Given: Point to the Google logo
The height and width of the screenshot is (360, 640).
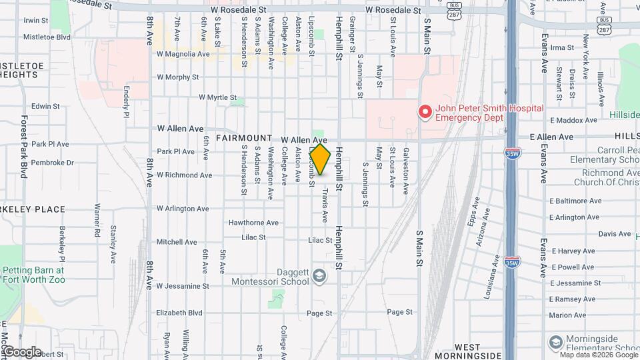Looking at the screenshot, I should click(22, 352).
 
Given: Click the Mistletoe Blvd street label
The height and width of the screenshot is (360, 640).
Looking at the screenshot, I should click(47, 37).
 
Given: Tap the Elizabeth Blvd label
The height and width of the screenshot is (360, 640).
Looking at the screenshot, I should click(179, 313).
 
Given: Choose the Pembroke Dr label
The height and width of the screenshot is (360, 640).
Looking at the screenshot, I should click(52, 163).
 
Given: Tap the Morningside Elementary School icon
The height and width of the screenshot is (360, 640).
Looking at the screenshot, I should click(555, 343).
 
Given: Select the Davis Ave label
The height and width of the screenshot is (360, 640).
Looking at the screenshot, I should click(615, 234).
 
